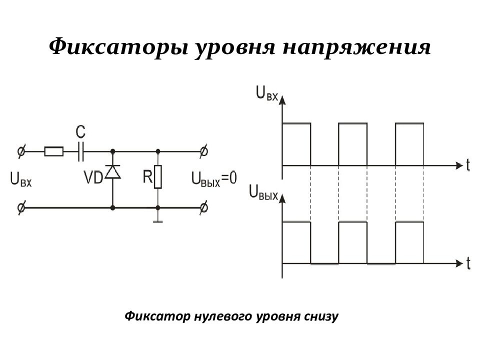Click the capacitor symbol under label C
click(80, 151)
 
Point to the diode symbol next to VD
click(112, 171)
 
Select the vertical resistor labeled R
click(157, 177)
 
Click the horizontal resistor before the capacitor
click(54, 151)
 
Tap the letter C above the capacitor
click(80, 132)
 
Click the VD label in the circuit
click(93, 177)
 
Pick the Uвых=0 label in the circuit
click(214, 178)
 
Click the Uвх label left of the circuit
click(21, 179)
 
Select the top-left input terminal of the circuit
click(21, 151)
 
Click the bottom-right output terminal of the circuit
click(204, 208)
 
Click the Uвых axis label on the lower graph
click(263, 192)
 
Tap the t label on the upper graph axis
click(468, 165)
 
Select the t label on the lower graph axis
click(468, 263)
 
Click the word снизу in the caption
click(321, 316)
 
